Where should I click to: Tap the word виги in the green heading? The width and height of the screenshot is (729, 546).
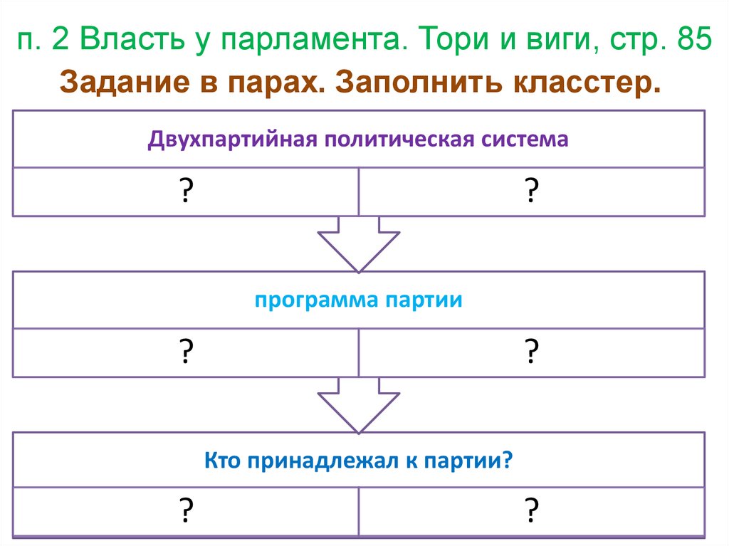point(549,41)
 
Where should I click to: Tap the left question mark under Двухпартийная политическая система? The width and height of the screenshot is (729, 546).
point(186,191)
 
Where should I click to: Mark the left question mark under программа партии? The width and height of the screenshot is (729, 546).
point(186,352)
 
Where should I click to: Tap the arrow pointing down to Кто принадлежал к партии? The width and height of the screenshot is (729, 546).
point(359,405)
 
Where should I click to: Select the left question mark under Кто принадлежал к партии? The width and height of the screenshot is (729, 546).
point(186,510)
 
